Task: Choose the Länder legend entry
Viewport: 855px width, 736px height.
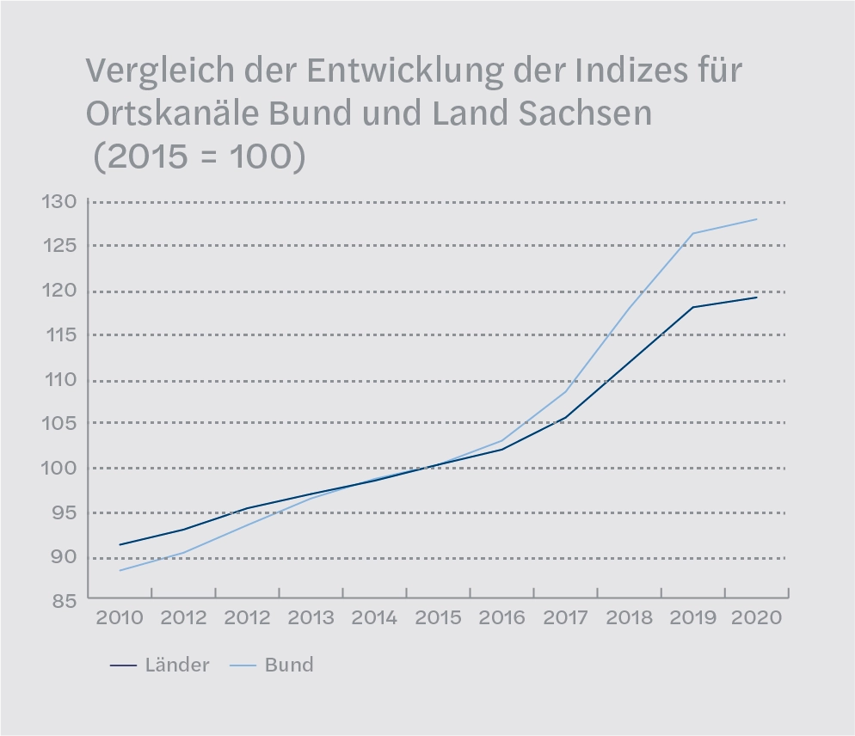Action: coord(176,665)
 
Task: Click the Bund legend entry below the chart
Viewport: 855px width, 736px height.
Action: coord(288,665)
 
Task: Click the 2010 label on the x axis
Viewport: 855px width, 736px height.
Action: coord(120,618)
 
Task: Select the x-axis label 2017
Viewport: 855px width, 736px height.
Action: coord(566,618)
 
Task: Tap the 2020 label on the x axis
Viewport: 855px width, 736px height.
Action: coord(757,618)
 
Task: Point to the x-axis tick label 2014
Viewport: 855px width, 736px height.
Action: coord(374,618)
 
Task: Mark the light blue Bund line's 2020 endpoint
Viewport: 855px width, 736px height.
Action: coord(757,219)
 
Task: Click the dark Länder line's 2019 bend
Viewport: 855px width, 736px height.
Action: coord(693,307)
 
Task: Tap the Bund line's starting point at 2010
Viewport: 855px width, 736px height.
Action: coord(120,570)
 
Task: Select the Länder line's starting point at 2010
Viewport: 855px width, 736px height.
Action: coord(120,544)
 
